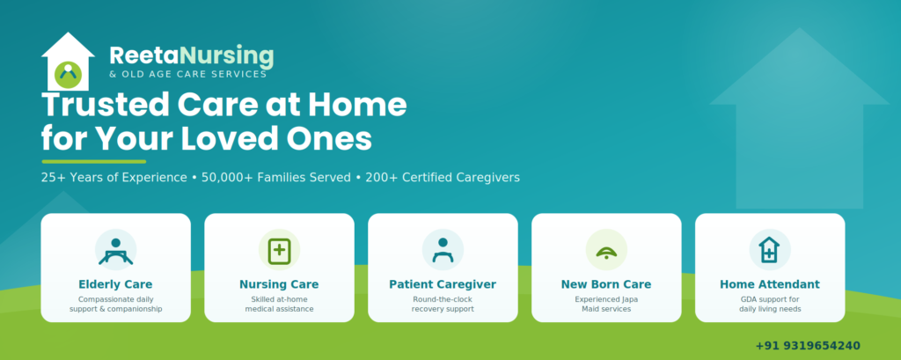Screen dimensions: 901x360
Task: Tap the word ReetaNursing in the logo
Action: tap(191, 55)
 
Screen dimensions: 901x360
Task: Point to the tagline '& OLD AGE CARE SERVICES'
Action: tap(188, 74)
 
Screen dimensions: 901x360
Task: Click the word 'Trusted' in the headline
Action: tap(105, 106)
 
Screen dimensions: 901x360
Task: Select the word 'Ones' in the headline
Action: tap(333, 139)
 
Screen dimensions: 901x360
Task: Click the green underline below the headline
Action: tap(93, 162)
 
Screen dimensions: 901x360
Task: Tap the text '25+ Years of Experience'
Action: tap(114, 178)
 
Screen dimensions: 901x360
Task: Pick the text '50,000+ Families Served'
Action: tap(275, 178)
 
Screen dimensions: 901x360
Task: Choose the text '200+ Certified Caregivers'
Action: tap(443, 178)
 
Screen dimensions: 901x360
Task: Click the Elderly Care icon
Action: tap(115, 250)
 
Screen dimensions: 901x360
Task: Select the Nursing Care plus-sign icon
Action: tap(279, 250)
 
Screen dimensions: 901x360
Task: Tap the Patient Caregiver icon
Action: tap(443, 250)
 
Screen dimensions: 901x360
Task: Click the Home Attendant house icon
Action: tap(769, 250)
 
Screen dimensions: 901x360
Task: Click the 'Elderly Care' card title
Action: tap(115, 284)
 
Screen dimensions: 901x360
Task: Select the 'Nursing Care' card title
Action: tap(279, 284)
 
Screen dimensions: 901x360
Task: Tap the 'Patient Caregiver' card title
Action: tap(443, 284)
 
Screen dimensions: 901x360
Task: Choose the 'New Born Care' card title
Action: tap(606, 284)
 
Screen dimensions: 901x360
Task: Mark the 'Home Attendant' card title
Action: tap(770, 284)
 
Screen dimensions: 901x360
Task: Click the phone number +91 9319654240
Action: tap(808, 346)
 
